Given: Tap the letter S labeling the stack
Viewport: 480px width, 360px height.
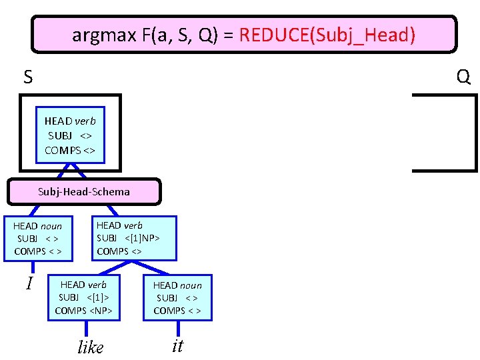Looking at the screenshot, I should [x=27, y=78].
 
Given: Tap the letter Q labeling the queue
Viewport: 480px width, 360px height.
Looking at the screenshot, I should [x=464, y=78].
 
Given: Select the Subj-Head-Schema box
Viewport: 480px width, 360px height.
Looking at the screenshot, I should [x=84, y=191].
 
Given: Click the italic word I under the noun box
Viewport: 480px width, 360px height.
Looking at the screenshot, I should [x=29, y=284].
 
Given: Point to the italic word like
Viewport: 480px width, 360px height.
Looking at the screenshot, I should [x=91, y=347].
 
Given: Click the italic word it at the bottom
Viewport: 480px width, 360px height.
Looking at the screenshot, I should [x=177, y=345].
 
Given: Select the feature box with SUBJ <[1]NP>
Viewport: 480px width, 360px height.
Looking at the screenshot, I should [x=134, y=238].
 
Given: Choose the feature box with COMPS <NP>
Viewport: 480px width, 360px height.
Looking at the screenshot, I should [x=83, y=297].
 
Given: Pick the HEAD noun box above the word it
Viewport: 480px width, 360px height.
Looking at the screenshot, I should [x=177, y=298].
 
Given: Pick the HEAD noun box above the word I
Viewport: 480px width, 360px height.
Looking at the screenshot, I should [x=38, y=239].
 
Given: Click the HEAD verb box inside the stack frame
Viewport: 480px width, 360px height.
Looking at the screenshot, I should [x=70, y=135].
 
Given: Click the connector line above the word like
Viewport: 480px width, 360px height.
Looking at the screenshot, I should [x=86, y=329].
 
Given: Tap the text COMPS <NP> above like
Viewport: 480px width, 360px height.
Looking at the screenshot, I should [x=83, y=311].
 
